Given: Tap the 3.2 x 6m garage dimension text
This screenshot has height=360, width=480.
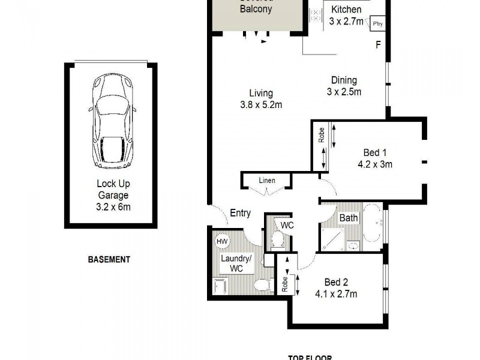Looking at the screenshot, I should pos(113,208).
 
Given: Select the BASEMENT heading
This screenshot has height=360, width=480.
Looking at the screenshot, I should pos(109,260).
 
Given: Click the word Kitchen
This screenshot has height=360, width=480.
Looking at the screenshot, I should pos(347,9).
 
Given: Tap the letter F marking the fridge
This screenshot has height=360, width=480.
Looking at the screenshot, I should pos(378,44).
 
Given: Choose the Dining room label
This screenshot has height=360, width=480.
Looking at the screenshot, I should pos(343,80).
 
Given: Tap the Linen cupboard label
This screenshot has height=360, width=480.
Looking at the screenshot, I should pos(267,180).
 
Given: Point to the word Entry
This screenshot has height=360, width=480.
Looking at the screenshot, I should pos(240,213).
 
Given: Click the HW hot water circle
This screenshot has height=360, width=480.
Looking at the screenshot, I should pos(222,241).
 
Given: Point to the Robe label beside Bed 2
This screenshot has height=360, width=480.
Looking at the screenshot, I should pos(285,283).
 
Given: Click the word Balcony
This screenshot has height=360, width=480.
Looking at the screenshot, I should pos(256,9).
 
